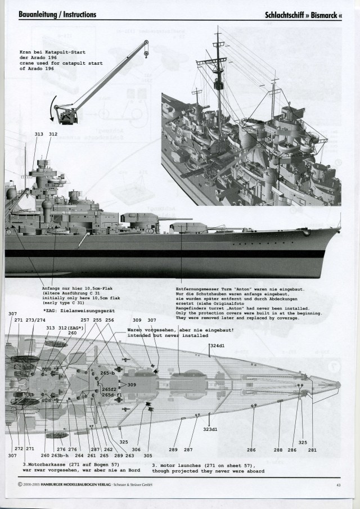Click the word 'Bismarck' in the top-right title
tap(321, 15)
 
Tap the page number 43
tap(339, 484)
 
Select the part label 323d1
tap(210, 429)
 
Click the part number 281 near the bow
tap(312, 449)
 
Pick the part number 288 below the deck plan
tap(278, 449)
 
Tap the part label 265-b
tap(107, 373)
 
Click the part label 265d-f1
tap(111, 395)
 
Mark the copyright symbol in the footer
tap(21, 484)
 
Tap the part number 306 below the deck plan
tap(136, 449)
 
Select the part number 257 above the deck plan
tap(85, 320)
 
